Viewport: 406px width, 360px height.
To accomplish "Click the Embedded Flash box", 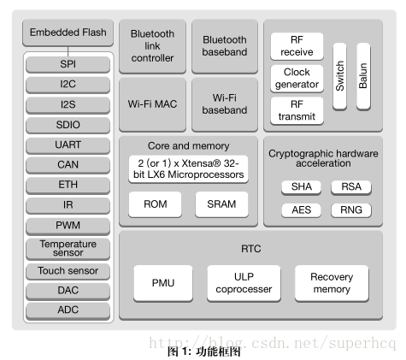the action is [x=68, y=32].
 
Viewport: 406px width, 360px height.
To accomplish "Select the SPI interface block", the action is [x=68, y=64].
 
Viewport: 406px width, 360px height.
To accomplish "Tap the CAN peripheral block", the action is [x=68, y=165].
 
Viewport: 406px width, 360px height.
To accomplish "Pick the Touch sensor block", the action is [x=68, y=271].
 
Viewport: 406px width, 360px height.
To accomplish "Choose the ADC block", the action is [x=68, y=310].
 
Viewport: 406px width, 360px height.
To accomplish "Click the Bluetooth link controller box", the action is [x=152, y=46].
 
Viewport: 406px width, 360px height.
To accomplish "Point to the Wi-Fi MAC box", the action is [x=152, y=104].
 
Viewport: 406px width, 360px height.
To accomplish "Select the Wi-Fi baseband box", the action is [x=225, y=104].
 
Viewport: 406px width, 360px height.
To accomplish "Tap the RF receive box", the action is [x=297, y=46].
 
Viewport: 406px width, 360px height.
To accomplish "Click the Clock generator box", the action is [x=297, y=79].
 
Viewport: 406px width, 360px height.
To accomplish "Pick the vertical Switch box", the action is [x=339, y=76].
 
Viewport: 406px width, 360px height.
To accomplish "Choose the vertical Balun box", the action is [x=363, y=76].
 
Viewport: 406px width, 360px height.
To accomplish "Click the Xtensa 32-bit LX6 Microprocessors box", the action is [x=188, y=169].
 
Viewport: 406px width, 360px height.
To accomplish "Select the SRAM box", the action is [x=221, y=204].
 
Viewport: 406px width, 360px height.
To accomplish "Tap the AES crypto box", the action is [x=301, y=210].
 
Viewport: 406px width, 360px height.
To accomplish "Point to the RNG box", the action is [x=351, y=210].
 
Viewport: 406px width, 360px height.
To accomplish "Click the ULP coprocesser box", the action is [x=244, y=283].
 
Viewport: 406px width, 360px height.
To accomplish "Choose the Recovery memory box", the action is [x=332, y=283].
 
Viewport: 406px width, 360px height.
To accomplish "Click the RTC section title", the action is [x=251, y=249].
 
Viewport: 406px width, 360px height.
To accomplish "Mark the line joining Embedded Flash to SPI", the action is [x=68, y=51].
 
